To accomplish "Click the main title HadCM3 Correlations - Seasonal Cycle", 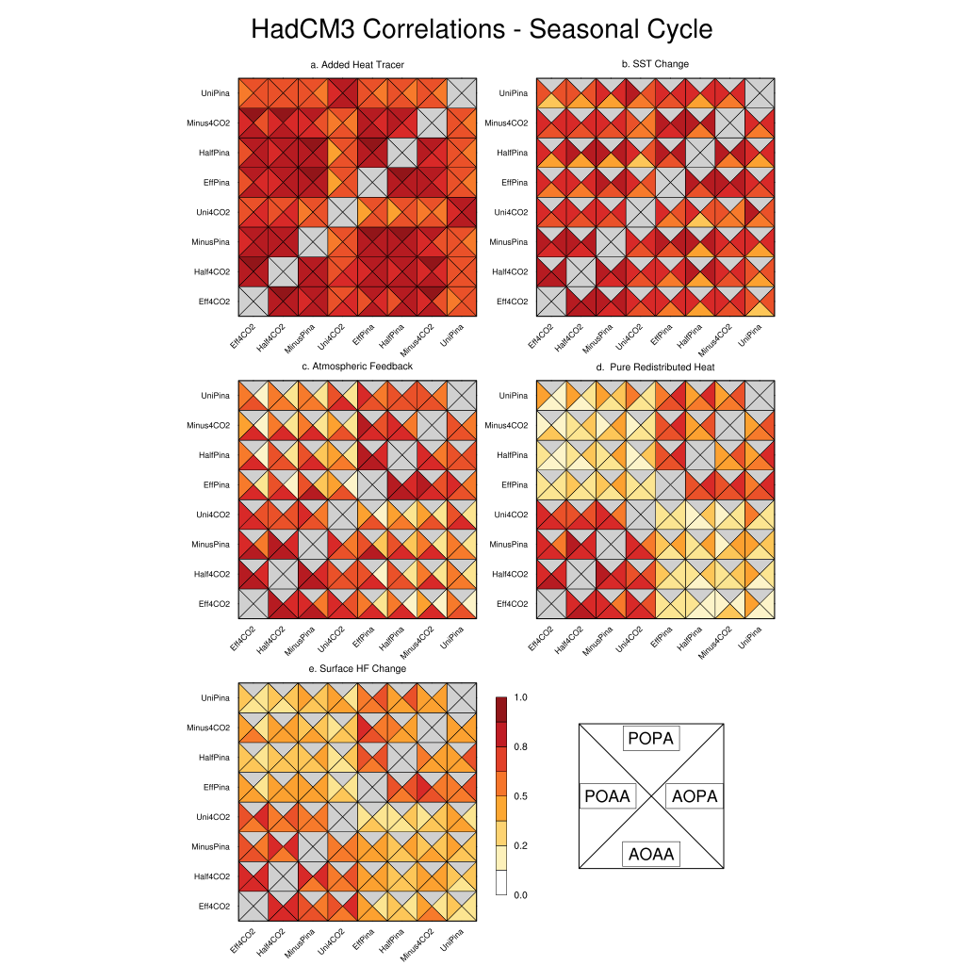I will click(482, 29).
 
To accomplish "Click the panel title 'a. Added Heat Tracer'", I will click(357, 65).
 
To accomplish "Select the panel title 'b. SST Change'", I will click(655, 64).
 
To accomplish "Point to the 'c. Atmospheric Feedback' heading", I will click(357, 366).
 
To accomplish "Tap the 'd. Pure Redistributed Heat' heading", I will click(655, 366).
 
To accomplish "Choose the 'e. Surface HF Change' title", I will click(357, 668).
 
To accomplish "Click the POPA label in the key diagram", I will click(651, 739).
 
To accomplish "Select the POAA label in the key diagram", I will click(607, 796).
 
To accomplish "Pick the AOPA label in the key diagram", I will click(695, 796).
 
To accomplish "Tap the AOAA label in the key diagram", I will click(651, 855).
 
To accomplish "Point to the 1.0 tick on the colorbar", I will click(520, 697).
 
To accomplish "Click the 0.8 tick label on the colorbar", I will click(520, 747).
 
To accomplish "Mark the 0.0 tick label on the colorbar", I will click(520, 895).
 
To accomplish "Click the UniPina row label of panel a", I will click(215, 93).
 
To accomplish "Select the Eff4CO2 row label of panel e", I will click(214, 906).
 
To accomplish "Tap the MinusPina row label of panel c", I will click(211, 544).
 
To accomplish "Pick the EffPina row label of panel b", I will click(513, 183).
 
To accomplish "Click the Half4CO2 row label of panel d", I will click(511, 574).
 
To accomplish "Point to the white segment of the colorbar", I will click(501, 883).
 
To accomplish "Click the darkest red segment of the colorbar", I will click(501, 710).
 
